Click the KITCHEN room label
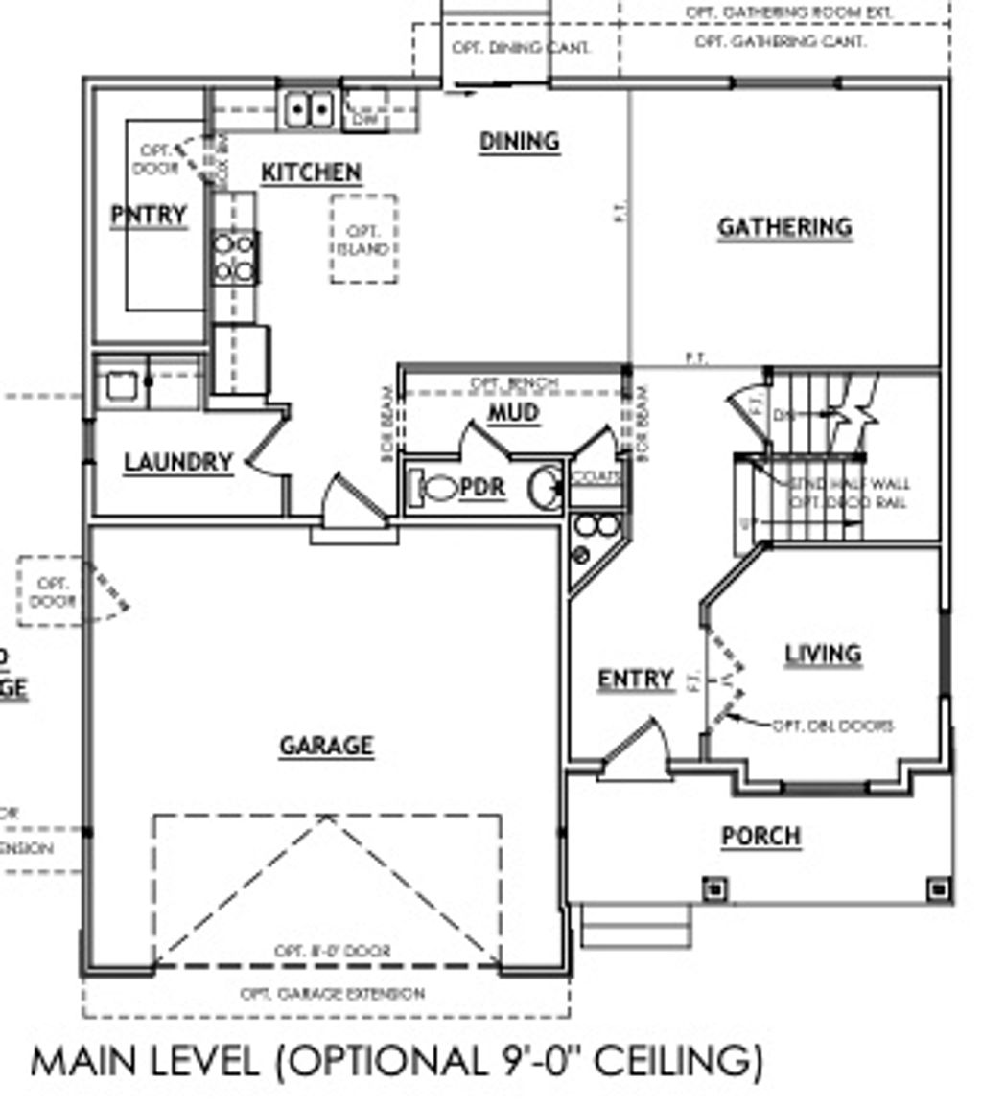(312, 173)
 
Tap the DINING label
(519, 142)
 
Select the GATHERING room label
(784, 227)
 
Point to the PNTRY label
(148, 215)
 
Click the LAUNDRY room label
(178, 463)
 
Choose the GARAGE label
(326, 746)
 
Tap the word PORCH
(760, 836)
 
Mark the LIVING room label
(823, 654)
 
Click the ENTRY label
(635, 679)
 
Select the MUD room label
(514, 413)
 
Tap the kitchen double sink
(308, 109)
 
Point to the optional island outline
(364, 240)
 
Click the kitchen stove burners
(235, 258)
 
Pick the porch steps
(636, 925)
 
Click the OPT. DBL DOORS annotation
(831, 726)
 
